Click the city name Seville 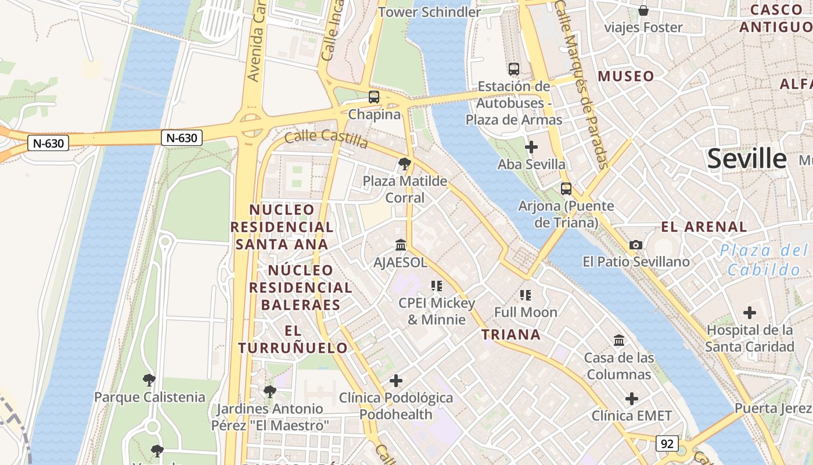(x=747, y=159)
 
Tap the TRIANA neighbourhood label (x=511, y=334)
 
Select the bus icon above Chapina (x=374, y=97)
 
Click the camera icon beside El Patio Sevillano (x=636, y=245)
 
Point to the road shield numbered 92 (x=667, y=444)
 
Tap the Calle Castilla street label (x=326, y=139)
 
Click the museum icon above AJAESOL (x=401, y=245)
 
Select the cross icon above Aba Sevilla (x=531, y=147)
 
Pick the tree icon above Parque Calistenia (x=149, y=381)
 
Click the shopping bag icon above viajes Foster (x=643, y=10)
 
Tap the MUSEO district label (x=626, y=76)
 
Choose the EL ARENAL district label (x=704, y=227)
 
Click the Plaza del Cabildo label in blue (x=764, y=260)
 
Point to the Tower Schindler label (x=430, y=12)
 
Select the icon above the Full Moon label (x=526, y=295)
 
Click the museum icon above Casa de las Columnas (x=619, y=341)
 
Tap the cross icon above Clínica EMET (x=632, y=399)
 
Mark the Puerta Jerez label (x=773, y=408)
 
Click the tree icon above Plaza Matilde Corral (x=405, y=164)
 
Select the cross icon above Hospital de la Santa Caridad (x=750, y=313)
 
